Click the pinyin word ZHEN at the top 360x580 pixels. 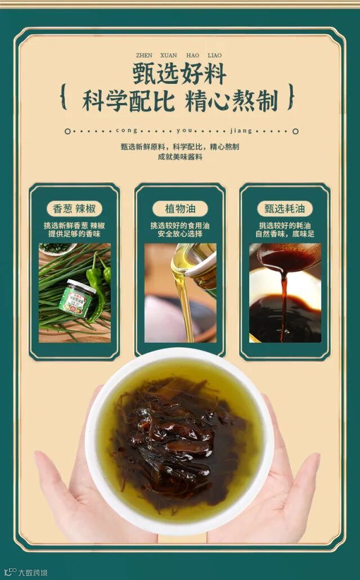[x=144, y=56]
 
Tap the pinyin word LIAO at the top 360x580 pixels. [x=215, y=56]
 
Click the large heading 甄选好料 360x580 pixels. [x=180, y=74]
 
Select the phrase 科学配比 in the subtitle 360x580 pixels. [x=128, y=100]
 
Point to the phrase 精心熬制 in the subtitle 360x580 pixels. [x=232, y=100]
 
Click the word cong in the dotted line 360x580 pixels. [x=126, y=131]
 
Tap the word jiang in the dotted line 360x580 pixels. [x=241, y=131]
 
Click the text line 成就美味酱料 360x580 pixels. [x=180, y=157]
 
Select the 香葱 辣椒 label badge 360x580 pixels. [x=74, y=209]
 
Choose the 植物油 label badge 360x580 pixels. [x=180, y=209]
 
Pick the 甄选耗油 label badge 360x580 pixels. [x=285, y=209]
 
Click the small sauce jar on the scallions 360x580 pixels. [x=76, y=299]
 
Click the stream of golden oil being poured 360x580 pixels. [x=184, y=303]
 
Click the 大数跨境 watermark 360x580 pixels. [x=26, y=573]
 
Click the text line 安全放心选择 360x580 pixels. [x=180, y=234]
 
